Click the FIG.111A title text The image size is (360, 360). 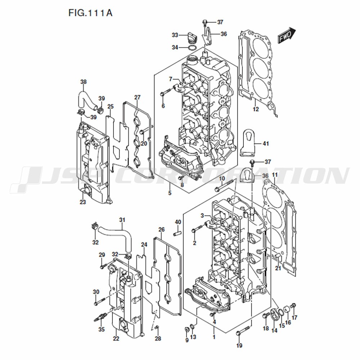(90, 13)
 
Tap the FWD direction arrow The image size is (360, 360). (287, 35)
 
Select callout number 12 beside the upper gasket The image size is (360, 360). (256, 109)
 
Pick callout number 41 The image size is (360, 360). (266, 144)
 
